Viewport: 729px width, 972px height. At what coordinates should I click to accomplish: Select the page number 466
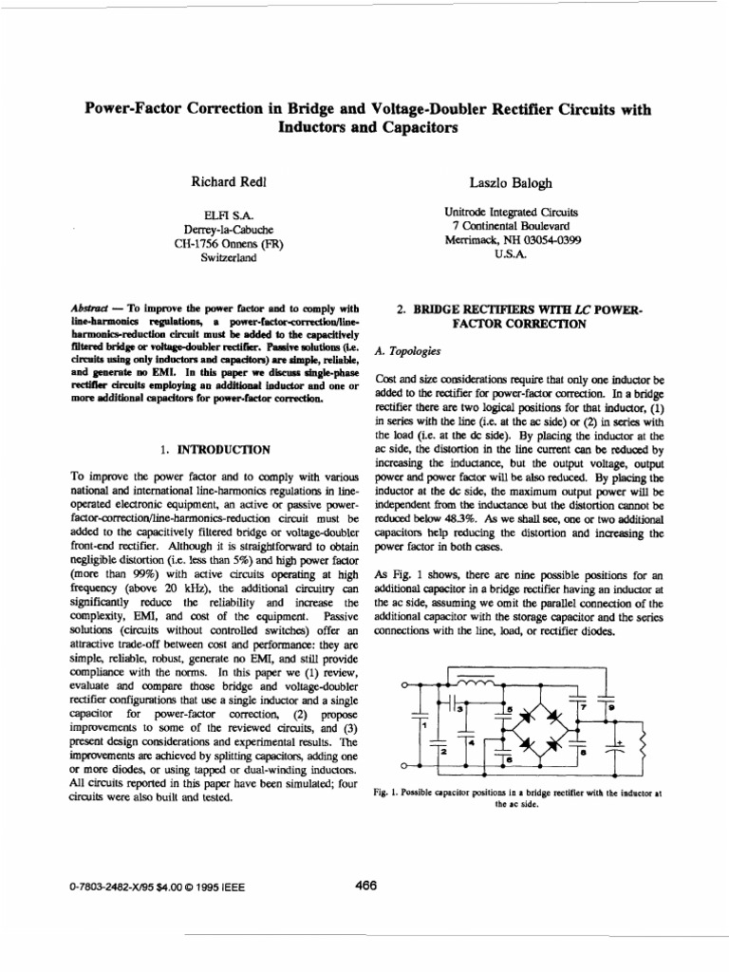365,886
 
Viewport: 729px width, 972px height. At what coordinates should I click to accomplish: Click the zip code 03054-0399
547,241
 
